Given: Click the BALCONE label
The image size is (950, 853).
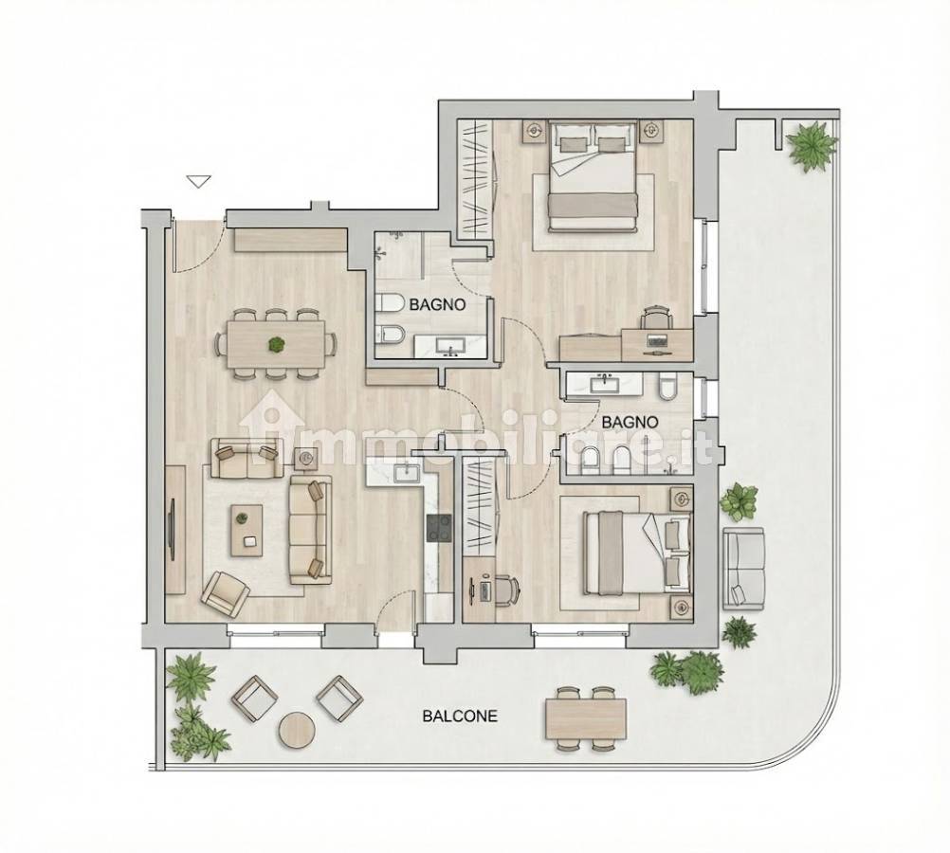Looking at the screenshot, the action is [459, 716].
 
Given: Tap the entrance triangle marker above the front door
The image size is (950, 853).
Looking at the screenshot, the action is [199, 181].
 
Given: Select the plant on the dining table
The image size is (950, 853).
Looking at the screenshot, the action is [276, 345].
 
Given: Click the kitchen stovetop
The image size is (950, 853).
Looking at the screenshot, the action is [439, 527].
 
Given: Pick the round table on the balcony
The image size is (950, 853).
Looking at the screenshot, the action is [296, 729].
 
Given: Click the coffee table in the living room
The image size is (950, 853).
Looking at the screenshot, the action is [246, 531].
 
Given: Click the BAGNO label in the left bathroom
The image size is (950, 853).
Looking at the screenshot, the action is [437, 305].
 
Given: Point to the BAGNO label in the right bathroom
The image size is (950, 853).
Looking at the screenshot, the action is [630, 422].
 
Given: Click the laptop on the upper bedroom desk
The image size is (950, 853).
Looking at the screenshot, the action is [657, 340].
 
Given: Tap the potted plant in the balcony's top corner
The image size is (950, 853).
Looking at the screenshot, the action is [813, 145].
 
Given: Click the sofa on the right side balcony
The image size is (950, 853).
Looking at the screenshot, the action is [743, 566].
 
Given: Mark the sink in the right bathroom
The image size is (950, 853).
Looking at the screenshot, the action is [603, 384].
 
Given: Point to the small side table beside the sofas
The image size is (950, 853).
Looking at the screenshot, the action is [305, 459].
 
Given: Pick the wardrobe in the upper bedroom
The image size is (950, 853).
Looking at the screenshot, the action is [474, 179].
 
